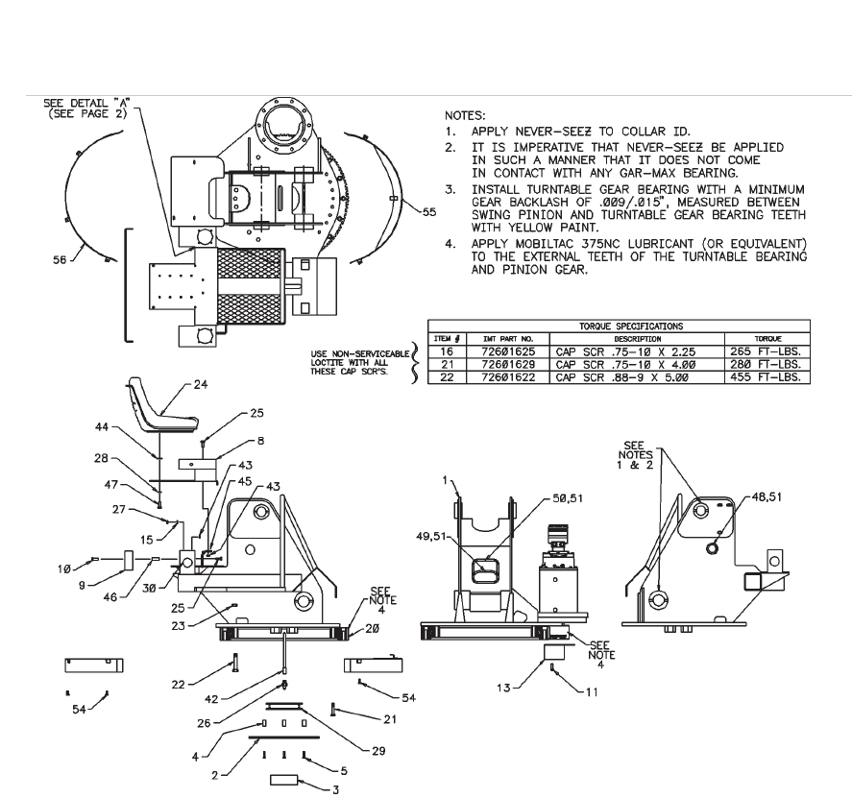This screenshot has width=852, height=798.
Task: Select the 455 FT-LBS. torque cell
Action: (773, 376)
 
